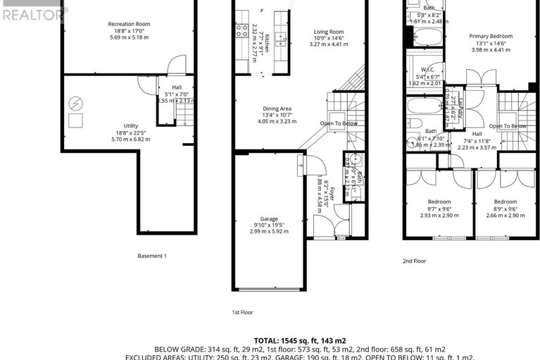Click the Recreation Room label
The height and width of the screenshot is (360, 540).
point(129,24)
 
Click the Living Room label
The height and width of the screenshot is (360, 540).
point(329,32)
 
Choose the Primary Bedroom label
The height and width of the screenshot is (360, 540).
point(491,36)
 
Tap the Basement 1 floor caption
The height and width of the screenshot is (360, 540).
point(152,256)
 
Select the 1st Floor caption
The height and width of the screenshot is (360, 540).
point(242,311)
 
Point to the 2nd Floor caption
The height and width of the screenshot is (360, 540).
point(415,261)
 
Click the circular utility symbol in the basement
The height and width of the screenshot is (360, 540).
point(75,104)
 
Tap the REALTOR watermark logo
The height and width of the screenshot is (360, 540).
point(32,12)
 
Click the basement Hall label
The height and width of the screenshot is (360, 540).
point(176,87)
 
